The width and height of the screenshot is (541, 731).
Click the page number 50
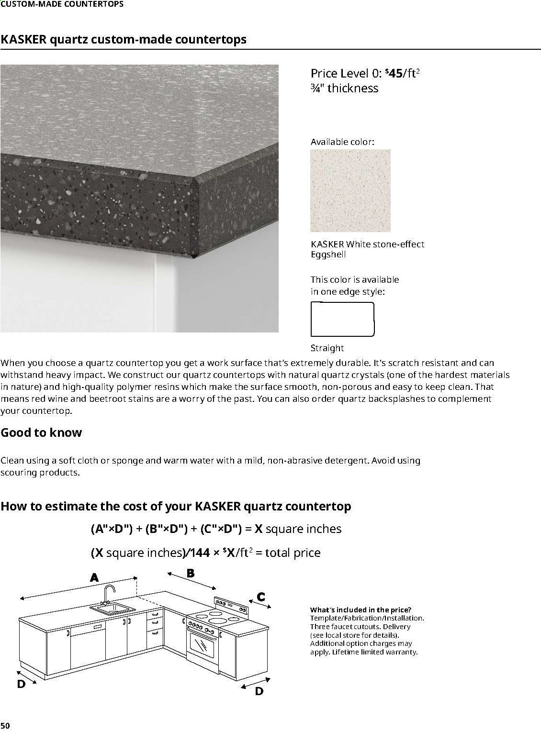click(5, 726)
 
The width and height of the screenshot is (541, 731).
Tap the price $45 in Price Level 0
click(394, 73)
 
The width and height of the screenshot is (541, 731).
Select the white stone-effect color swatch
click(350, 190)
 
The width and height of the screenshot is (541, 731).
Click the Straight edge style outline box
click(342, 319)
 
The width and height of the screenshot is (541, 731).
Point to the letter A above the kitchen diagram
click(94, 577)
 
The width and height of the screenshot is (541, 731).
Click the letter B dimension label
click(190, 573)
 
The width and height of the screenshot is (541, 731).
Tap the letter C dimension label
click(261, 597)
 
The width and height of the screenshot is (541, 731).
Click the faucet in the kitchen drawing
click(108, 594)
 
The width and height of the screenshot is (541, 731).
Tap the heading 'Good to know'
click(41, 432)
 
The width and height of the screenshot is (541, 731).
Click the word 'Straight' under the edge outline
click(327, 348)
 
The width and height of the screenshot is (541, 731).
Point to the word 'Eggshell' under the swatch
click(328, 255)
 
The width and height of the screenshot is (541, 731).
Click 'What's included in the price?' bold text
click(361, 609)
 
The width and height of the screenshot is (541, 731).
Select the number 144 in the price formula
click(199, 553)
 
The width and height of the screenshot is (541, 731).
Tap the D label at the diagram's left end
click(21, 684)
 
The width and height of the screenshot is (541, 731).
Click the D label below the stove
click(259, 691)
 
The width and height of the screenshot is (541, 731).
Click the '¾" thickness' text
click(344, 88)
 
